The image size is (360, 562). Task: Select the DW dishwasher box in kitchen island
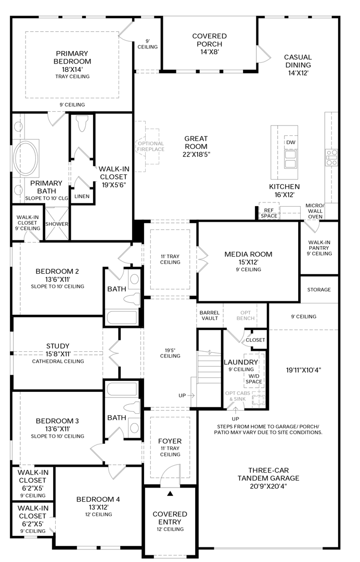290,142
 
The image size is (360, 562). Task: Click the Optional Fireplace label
150,146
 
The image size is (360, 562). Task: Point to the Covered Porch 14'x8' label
209,41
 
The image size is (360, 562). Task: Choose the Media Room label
248,258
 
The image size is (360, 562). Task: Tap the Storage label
319,289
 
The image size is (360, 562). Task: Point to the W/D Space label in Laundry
254,378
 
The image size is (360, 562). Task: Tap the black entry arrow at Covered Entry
170,492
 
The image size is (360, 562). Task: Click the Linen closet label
82,196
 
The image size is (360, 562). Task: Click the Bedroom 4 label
98,503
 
